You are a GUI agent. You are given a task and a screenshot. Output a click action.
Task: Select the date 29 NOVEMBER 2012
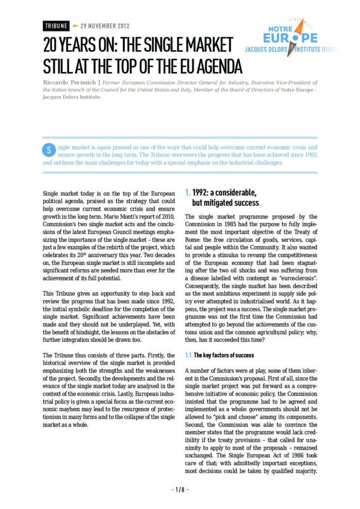click(x=102, y=25)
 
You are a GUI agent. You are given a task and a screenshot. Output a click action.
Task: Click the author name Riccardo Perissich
click(x=69, y=83)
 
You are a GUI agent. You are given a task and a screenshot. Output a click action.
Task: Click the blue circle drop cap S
click(x=49, y=150)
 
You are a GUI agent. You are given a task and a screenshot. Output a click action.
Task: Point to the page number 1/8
click(x=180, y=489)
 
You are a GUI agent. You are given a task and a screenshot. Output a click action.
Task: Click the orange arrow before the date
click(x=76, y=25)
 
